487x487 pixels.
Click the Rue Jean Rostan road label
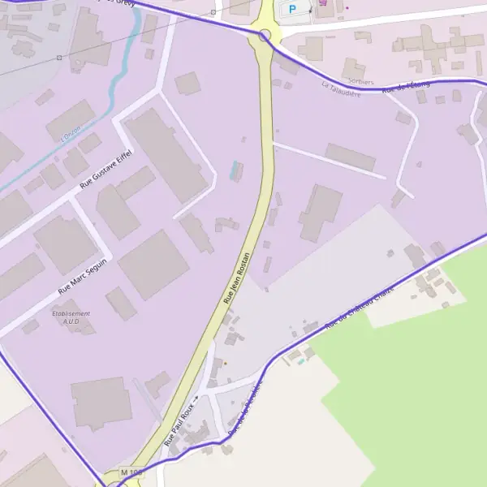237,278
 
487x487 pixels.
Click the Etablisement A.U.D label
71,317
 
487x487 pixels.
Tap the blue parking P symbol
292,9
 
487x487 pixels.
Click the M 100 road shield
131,472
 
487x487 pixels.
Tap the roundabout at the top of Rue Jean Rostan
265,35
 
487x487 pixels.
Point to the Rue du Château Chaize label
359,308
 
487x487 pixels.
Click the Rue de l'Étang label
406,87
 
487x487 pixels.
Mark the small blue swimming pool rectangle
236,170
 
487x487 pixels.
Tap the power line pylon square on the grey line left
59,58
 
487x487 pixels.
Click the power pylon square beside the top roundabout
213,12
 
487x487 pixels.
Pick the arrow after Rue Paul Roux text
196,399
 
